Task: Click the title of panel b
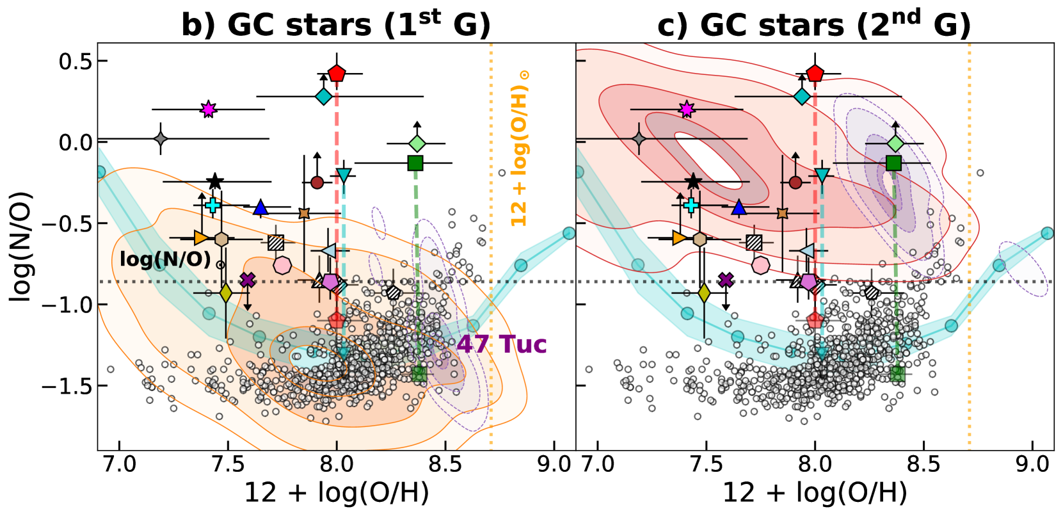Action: (x=336, y=24)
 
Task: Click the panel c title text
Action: (x=814, y=24)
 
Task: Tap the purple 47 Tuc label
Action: (x=502, y=344)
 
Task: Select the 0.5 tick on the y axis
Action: (x=75, y=61)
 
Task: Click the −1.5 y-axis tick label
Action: (x=67, y=386)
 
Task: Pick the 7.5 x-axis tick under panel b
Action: (x=228, y=464)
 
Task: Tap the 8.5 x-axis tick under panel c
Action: (x=923, y=464)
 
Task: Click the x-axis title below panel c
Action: (x=815, y=493)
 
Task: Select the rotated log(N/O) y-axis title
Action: (x=21, y=246)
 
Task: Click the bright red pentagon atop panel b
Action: (x=337, y=73)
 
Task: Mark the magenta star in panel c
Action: (x=687, y=109)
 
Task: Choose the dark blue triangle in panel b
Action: (x=260, y=207)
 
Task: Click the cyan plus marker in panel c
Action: (x=691, y=205)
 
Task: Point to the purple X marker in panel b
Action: (x=248, y=280)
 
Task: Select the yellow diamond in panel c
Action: (x=704, y=293)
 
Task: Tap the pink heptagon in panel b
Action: (x=282, y=265)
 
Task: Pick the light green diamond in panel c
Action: (x=895, y=143)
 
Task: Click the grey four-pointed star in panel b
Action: (x=161, y=139)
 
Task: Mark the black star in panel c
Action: (x=693, y=182)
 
